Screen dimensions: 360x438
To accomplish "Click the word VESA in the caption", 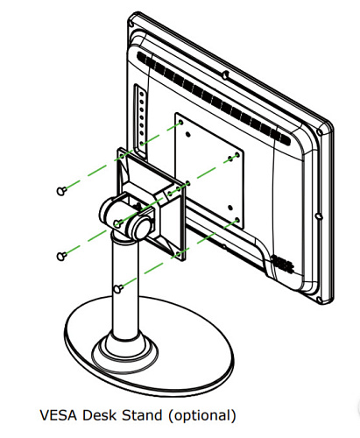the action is [59, 415].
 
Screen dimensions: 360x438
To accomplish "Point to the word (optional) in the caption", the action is [202, 416].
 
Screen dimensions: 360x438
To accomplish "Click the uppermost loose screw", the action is [61, 191].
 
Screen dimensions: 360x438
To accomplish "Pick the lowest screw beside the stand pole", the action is [117, 289].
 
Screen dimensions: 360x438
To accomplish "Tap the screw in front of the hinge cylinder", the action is [117, 223].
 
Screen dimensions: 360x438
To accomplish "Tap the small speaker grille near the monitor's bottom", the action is [282, 262].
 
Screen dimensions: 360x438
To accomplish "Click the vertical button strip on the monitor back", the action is [140, 121].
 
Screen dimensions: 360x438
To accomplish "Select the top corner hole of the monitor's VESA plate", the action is [180, 122].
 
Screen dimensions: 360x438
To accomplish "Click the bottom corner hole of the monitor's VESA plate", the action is [237, 219].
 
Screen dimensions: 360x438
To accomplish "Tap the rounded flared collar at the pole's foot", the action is [125, 348].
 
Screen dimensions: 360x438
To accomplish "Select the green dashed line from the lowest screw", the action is [179, 253].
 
